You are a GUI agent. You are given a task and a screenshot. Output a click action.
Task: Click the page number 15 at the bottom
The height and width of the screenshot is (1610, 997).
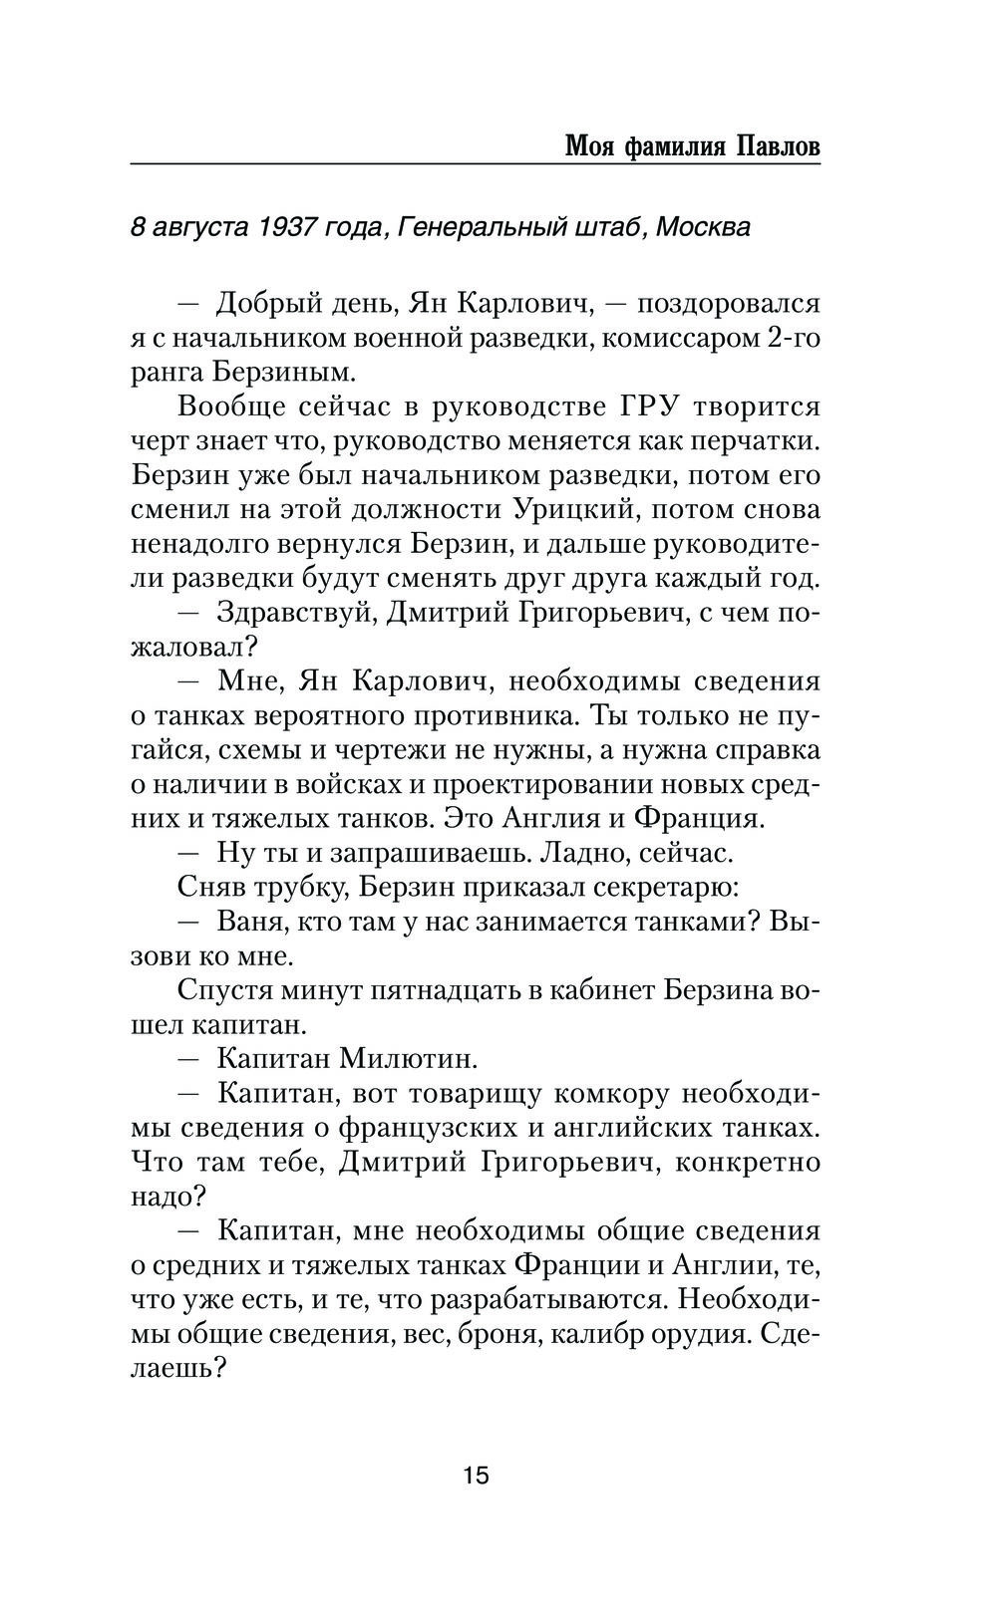476,1475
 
